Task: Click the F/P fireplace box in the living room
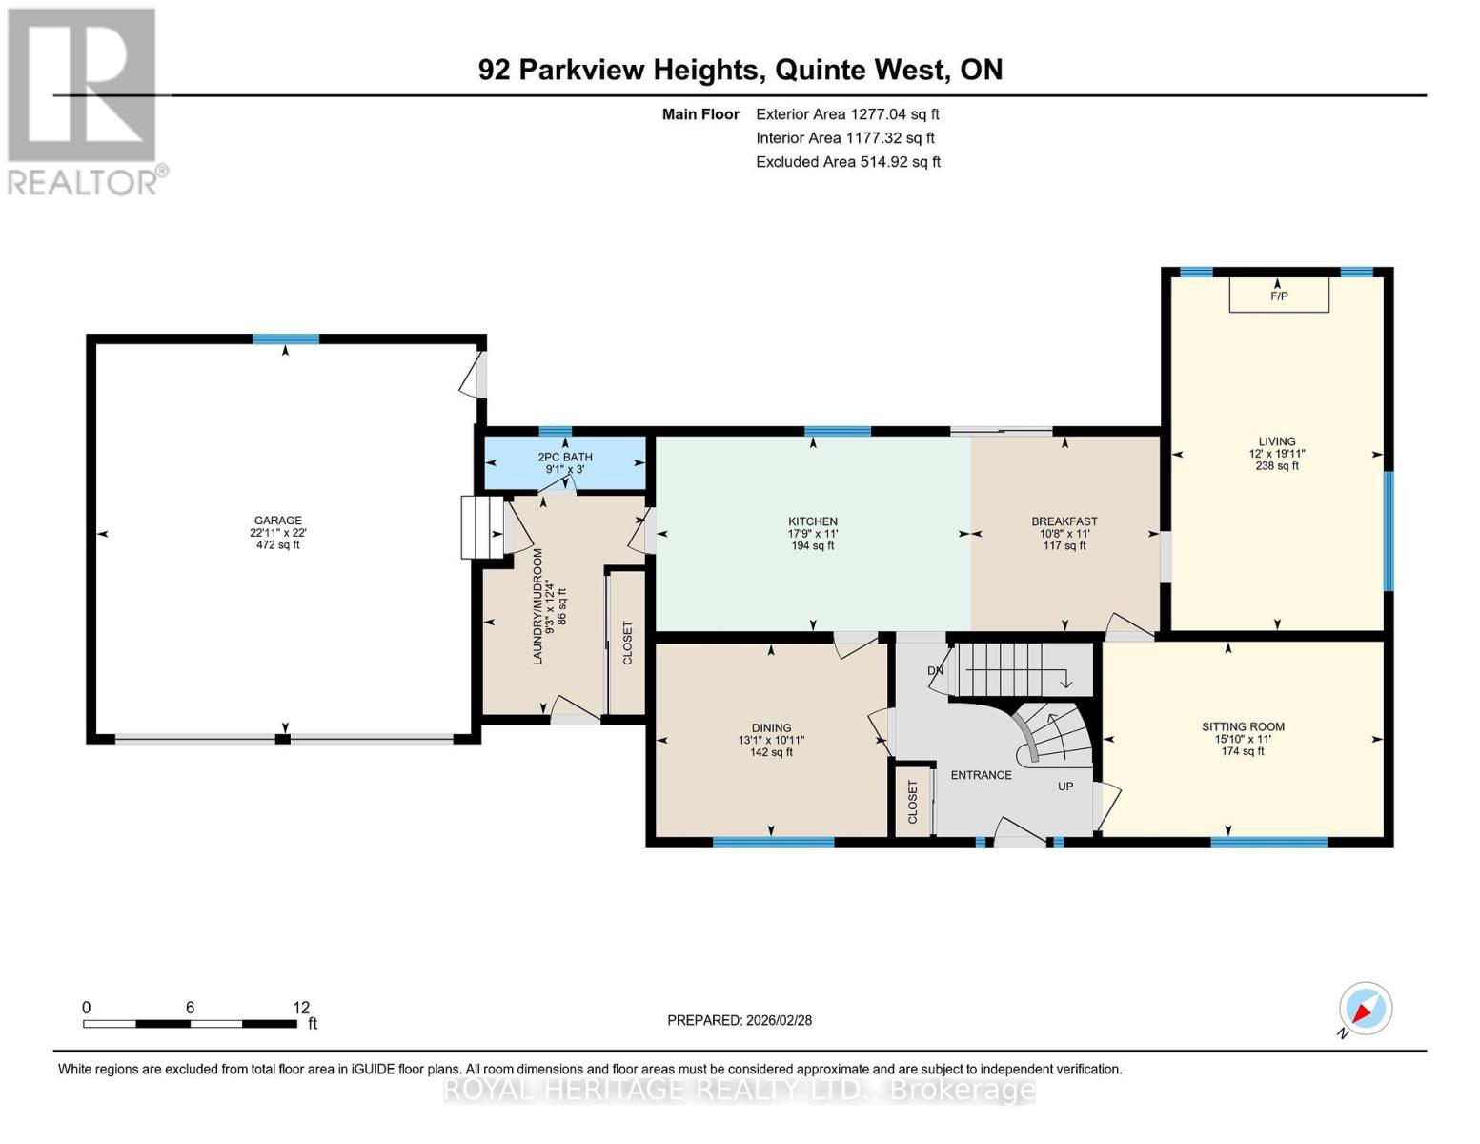pos(1278,295)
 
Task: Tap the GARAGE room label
pos(277,521)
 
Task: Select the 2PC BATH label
pos(565,458)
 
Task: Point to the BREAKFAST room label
pos(1064,521)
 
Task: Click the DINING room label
pos(771,728)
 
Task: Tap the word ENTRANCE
pos(981,775)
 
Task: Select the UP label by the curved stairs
pos(1065,786)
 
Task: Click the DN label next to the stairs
pos(935,671)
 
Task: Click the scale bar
pos(190,1024)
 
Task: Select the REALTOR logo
pos(84,100)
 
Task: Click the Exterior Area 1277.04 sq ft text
pos(847,114)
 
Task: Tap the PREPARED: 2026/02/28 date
pos(740,1020)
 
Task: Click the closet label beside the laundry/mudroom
pos(627,643)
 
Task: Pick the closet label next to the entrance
pos(912,802)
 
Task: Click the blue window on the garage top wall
pos(286,339)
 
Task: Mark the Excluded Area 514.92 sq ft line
pos(847,162)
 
